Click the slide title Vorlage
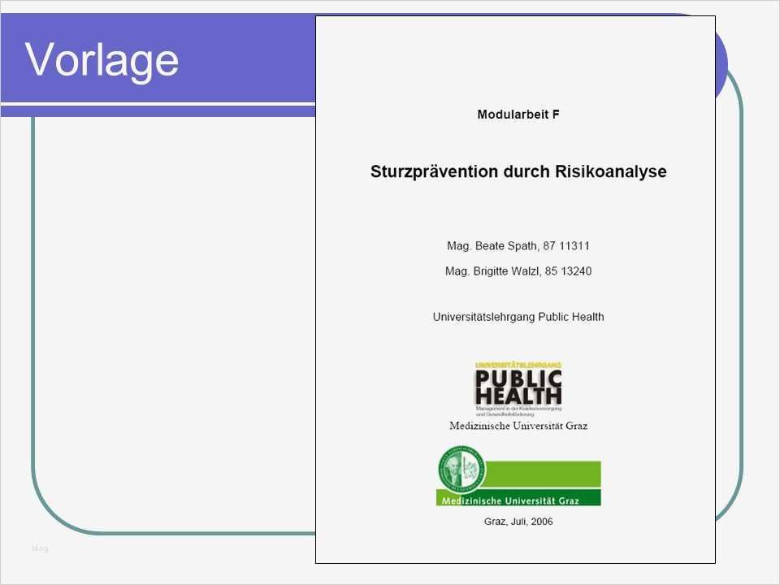click(x=102, y=59)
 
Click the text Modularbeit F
click(x=518, y=115)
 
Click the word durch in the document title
click(x=529, y=172)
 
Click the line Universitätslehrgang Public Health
click(x=518, y=317)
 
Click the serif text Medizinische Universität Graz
click(x=518, y=426)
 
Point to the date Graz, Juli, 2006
click(x=518, y=522)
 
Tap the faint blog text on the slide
click(x=40, y=548)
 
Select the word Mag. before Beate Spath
click(x=458, y=245)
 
